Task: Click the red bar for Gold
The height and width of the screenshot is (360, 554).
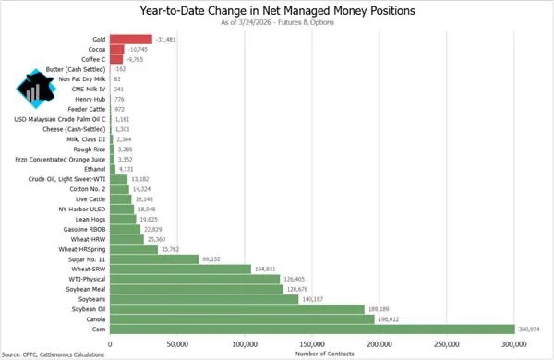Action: pos(131,39)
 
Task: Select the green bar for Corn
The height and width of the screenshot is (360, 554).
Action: pos(313,330)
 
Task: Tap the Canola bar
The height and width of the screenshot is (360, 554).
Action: pos(242,319)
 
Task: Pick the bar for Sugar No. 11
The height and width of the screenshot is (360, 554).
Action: pos(154,259)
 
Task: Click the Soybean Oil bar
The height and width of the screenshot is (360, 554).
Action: pos(237,309)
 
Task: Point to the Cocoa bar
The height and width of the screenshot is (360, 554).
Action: pos(117,50)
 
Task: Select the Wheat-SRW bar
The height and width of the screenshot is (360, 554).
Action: pos(181,270)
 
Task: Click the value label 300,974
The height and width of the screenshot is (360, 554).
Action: pos(529,330)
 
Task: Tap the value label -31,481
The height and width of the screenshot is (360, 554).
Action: pos(165,39)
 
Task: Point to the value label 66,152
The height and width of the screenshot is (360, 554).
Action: pos(211,259)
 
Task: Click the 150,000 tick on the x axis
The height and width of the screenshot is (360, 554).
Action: pos(312,344)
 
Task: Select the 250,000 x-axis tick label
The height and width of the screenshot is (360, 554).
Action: pos(447,344)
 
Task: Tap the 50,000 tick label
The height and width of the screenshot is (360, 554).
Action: pos(177,344)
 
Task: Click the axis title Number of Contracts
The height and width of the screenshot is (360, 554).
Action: pos(324,354)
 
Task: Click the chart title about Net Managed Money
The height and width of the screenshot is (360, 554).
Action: pos(277,10)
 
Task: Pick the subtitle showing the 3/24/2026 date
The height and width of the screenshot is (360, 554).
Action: pos(277,22)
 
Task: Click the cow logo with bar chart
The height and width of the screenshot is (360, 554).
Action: pos(36,89)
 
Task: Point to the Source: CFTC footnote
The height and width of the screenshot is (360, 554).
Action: pos(53,354)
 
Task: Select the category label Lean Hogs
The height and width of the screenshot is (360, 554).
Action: pos(90,220)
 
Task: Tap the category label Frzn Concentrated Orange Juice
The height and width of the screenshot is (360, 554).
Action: pos(60,160)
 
